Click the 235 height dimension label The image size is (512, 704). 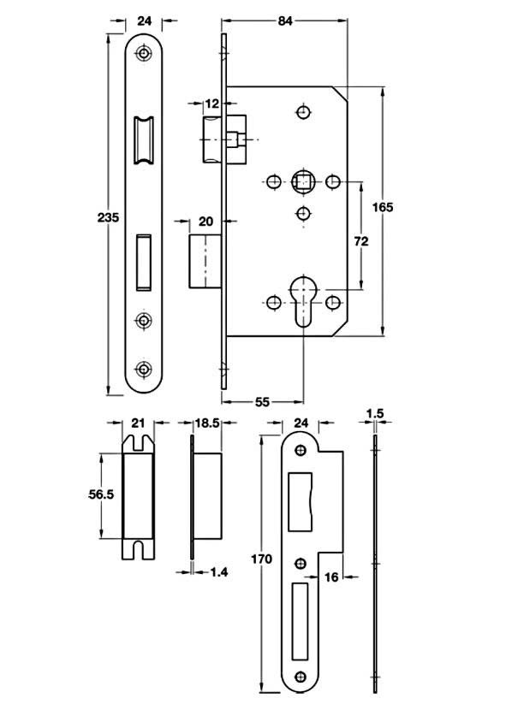pyautogui.click(x=109, y=217)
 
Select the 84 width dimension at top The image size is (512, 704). pyautogui.click(x=285, y=21)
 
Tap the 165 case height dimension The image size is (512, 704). pyautogui.click(x=383, y=207)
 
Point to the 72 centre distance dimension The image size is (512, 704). pyautogui.click(x=361, y=241)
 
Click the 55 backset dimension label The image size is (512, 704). pyautogui.click(x=262, y=401)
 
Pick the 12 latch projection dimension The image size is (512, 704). pyautogui.click(x=211, y=104)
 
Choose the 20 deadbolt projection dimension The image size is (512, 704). pyautogui.click(x=205, y=222)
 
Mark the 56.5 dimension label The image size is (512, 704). pyautogui.click(x=101, y=494)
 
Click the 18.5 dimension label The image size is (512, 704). pyautogui.click(x=207, y=423)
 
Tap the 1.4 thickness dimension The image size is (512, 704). pyautogui.click(x=219, y=571)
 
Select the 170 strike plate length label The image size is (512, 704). pyautogui.click(x=261, y=559)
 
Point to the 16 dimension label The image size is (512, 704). pyautogui.click(x=330, y=577)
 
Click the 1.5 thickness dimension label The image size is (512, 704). pyautogui.click(x=375, y=413)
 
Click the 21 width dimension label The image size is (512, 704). pyautogui.click(x=138, y=423)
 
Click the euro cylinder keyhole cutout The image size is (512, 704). pyautogui.click(x=303, y=301)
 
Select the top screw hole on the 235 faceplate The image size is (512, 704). pyautogui.click(x=143, y=53)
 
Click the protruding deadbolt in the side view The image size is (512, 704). pyautogui.click(x=205, y=261)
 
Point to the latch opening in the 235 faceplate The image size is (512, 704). pyautogui.click(x=143, y=140)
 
